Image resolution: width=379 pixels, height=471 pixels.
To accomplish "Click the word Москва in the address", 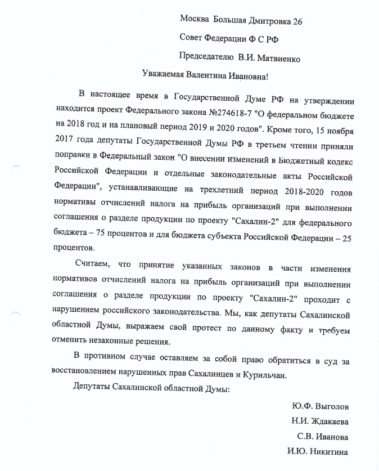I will tap(193, 20).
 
